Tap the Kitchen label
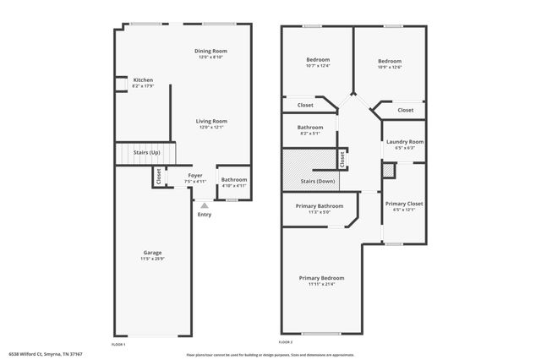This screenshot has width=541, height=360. click(143, 80)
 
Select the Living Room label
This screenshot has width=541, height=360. click(212, 121)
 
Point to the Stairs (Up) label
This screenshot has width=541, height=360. click(147, 152)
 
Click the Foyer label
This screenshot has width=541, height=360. click(195, 176)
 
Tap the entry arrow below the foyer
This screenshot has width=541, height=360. click(204, 205)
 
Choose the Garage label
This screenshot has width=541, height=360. click(152, 252)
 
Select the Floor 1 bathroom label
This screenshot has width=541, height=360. click(234, 179)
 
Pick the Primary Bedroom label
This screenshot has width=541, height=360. click(321, 278)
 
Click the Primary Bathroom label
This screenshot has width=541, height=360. click(319, 206)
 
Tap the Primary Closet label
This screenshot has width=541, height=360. click(404, 204)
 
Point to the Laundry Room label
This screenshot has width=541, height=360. click(405, 142)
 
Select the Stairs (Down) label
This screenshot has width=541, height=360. click(319, 182)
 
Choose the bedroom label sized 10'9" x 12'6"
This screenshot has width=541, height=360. click(389, 61)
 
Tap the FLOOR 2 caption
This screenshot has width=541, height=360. click(285, 342)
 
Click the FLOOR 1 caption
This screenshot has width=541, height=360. click(118, 345)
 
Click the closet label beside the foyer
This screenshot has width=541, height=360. click(158, 177)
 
